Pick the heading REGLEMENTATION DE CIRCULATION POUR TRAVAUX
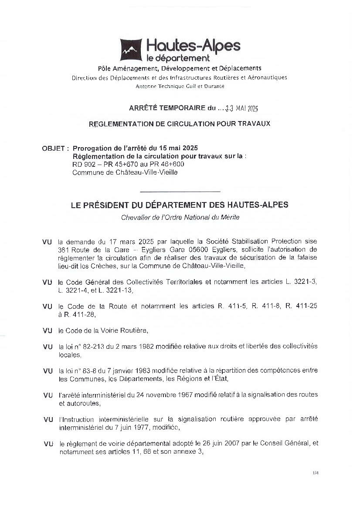tap(179, 124)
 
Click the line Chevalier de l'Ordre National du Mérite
tap(180, 217)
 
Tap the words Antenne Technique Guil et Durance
tap(180, 86)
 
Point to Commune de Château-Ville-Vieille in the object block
tap(125, 172)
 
